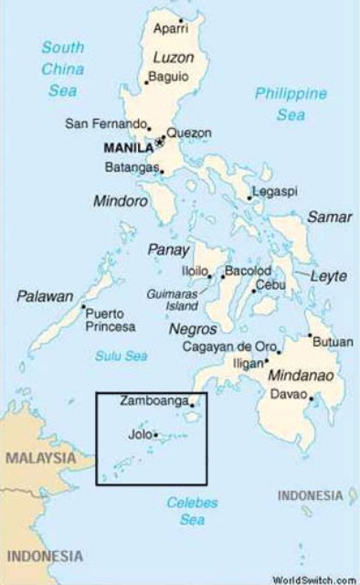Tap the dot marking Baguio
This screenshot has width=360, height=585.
146,83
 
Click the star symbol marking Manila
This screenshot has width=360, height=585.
159,143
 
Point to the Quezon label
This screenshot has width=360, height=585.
188,133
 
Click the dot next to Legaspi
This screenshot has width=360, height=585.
250,197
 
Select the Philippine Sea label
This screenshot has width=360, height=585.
291,104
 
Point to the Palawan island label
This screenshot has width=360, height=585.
44,296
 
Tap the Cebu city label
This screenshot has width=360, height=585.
271,284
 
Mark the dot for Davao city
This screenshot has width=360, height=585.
312,398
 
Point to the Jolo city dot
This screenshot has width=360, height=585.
156,435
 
